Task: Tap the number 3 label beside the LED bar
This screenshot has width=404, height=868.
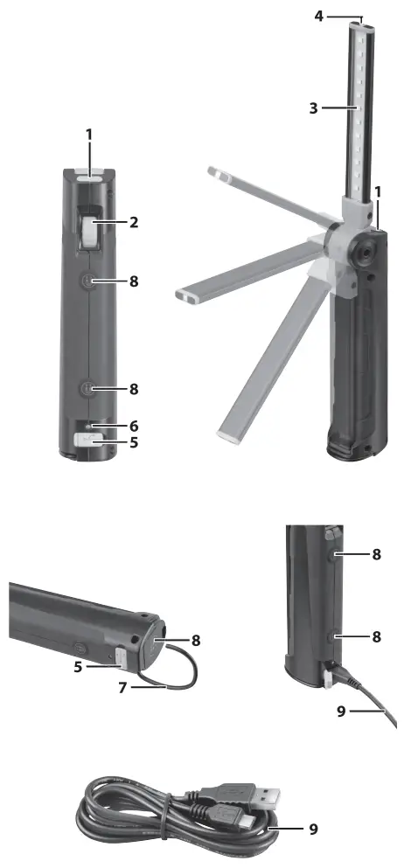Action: pos(312,108)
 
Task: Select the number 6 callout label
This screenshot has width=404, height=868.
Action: pos(133,424)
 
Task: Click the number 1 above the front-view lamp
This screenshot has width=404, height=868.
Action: pos(88,136)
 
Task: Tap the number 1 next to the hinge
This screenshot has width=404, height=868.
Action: pos(377,191)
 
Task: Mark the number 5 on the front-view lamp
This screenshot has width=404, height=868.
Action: pos(133,442)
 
